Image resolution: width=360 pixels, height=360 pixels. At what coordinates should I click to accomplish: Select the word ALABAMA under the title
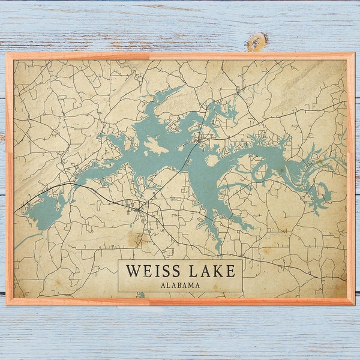(x=180, y=286)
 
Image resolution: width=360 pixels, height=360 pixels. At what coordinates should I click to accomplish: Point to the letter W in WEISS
(x=131, y=271)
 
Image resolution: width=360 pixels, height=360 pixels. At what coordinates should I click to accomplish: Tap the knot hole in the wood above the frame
(x=257, y=41)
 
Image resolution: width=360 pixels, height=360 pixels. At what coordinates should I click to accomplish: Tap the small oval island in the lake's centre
(x=211, y=161)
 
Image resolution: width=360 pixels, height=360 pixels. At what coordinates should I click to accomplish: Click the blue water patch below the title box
(x=141, y=295)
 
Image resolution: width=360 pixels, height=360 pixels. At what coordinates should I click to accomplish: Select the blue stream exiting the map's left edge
(x=21, y=243)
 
